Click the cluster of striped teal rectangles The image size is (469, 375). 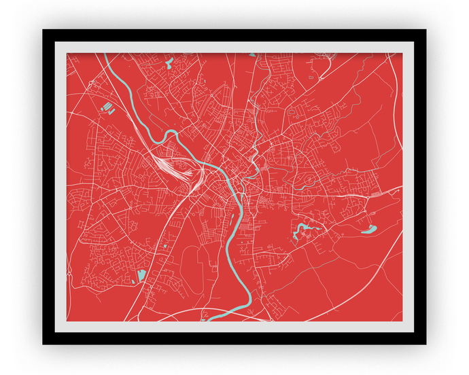[x=107, y=107]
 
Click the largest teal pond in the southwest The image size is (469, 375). [x=141, y=275]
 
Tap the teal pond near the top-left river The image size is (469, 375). [x=169, y=64]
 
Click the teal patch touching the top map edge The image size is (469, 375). [x=252, y=55]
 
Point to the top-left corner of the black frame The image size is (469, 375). [x=44, y=31]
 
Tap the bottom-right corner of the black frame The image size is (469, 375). [x=425, y=343]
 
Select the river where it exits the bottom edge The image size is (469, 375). [x=216, y=318]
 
